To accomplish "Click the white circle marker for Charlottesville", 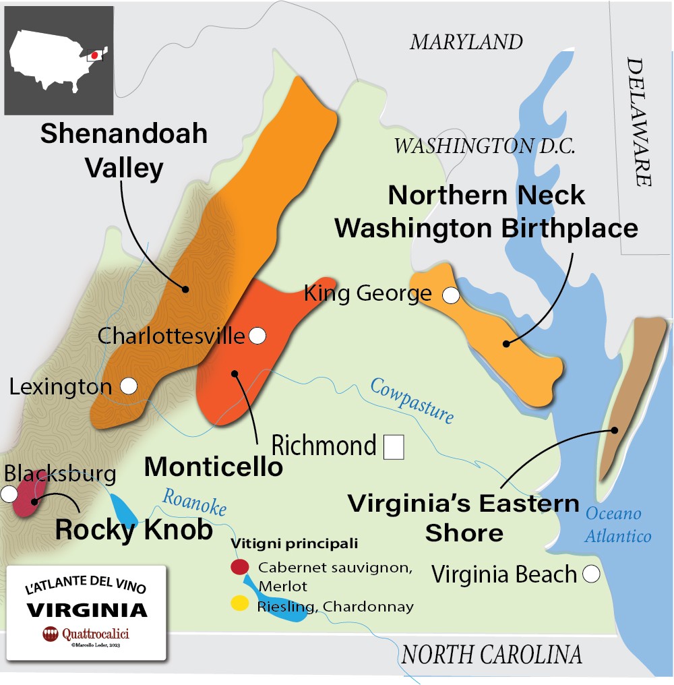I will coord(257,335).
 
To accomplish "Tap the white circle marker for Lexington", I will coord(129,386).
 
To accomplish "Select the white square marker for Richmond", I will coord(393,448).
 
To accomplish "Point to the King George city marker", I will coord(450,295).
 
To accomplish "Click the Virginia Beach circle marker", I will coord(591,574).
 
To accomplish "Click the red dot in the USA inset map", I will coord(95,55).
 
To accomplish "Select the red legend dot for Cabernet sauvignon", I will coord(239,568).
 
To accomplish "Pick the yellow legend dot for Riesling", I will coord(239,603).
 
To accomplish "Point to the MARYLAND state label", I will coord(466,42).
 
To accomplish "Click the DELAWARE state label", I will coord(639,121).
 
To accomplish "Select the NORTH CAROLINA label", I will coord(491,655).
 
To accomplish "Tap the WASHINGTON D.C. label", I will coord(485,146).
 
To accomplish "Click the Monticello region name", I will coord(214,467).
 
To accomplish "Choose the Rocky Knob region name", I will coord(133,530).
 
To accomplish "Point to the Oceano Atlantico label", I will coord(617,525).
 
